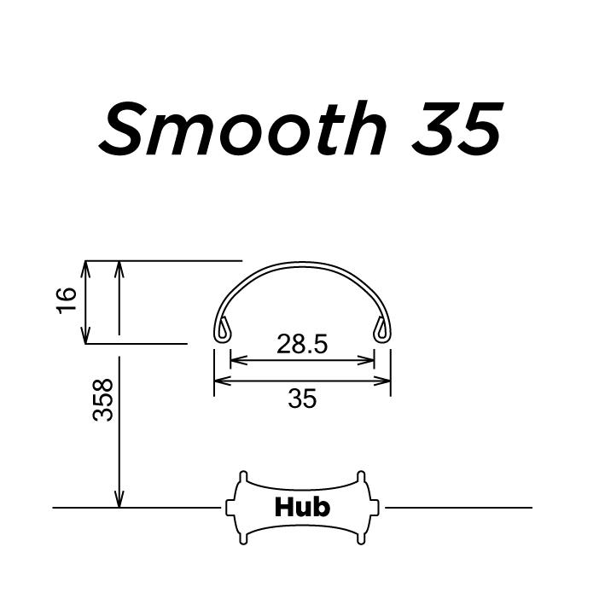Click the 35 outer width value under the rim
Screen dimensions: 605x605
302,398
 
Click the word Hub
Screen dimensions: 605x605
302,507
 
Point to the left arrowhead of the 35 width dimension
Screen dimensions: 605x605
219,381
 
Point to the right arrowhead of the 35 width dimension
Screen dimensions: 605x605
385,381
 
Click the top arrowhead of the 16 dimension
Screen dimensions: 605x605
85,266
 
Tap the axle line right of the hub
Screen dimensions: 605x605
461,507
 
